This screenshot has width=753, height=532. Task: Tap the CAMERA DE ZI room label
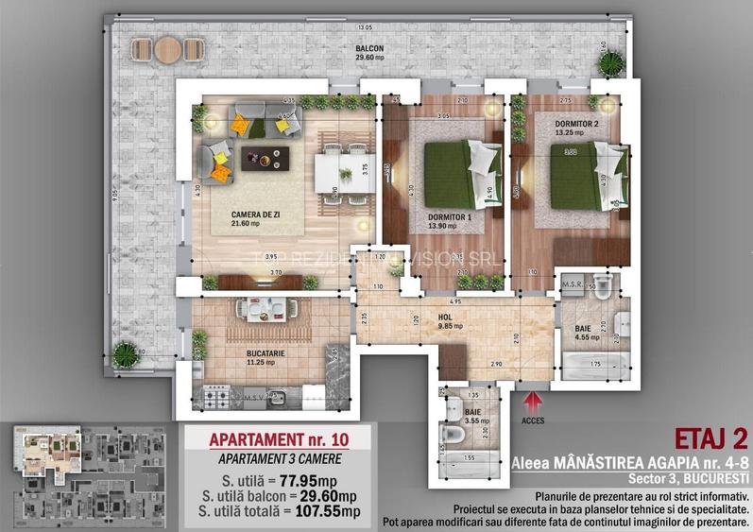click(258, 215)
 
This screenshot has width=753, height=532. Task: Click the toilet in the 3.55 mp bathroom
click(454, 431)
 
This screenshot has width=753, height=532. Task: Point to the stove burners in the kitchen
click(216, 397)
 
